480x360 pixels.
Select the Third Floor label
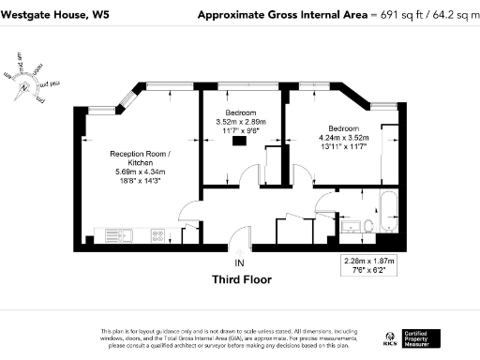pyautogui.click(x=240, y=278)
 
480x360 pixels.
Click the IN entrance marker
pyautogui.click(x=240, y=262)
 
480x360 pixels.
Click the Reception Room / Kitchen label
pyautogui.click(x=140, y=157)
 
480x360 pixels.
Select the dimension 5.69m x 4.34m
pyautogui.click(x=140, y=171)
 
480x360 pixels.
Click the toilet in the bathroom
pyautogui.click(x=370, y=224)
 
